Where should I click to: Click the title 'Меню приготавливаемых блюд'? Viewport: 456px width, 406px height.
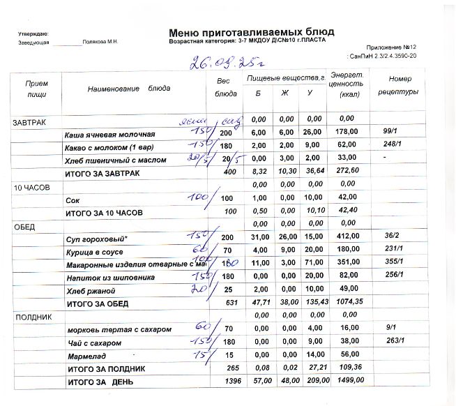pos(252,32)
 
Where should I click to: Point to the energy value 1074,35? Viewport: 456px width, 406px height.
pos(347,303)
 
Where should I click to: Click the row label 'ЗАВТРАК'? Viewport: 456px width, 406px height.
pos(29,122)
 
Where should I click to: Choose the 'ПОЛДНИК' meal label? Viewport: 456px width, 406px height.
pos(30,317)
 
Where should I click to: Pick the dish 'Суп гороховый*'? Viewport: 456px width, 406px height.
pos(93,239)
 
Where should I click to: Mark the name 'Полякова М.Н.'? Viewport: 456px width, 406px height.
pos(100,43)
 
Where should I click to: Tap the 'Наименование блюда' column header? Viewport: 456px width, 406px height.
pos(129,89)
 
